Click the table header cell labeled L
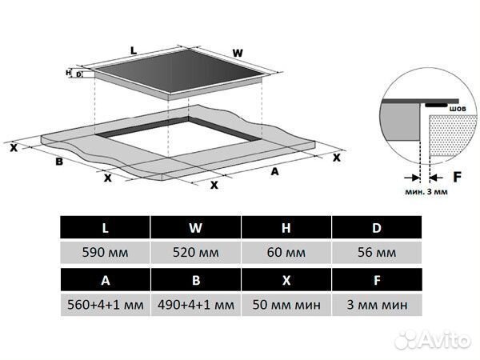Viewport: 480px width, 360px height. [105, 227]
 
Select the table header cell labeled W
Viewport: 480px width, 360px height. [196, 227]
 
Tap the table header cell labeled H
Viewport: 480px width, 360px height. [286, 227]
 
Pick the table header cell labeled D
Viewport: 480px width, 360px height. [377, 227]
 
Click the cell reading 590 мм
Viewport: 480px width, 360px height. [105, 253]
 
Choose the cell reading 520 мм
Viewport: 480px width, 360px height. [196, 253]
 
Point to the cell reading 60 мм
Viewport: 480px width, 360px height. [286, 253]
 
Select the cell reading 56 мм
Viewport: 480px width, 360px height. [377, 253]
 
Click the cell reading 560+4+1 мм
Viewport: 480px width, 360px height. [106, 305]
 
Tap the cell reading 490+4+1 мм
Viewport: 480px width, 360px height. [196, 305]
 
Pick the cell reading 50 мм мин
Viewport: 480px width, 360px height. [286, 305]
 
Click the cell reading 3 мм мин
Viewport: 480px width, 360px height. [377, 305]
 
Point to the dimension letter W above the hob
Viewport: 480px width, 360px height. [238, 54]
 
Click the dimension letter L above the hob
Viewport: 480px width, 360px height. [134, 51]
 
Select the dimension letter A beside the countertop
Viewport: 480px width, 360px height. [275, 172]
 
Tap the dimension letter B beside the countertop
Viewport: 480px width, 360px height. [59, 162]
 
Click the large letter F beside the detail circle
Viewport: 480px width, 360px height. [457, 177]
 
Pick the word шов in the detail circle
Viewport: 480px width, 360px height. [458, 109]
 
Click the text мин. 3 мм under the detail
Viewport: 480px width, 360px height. [426, 192]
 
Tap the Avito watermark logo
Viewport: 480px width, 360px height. [433, 340]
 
